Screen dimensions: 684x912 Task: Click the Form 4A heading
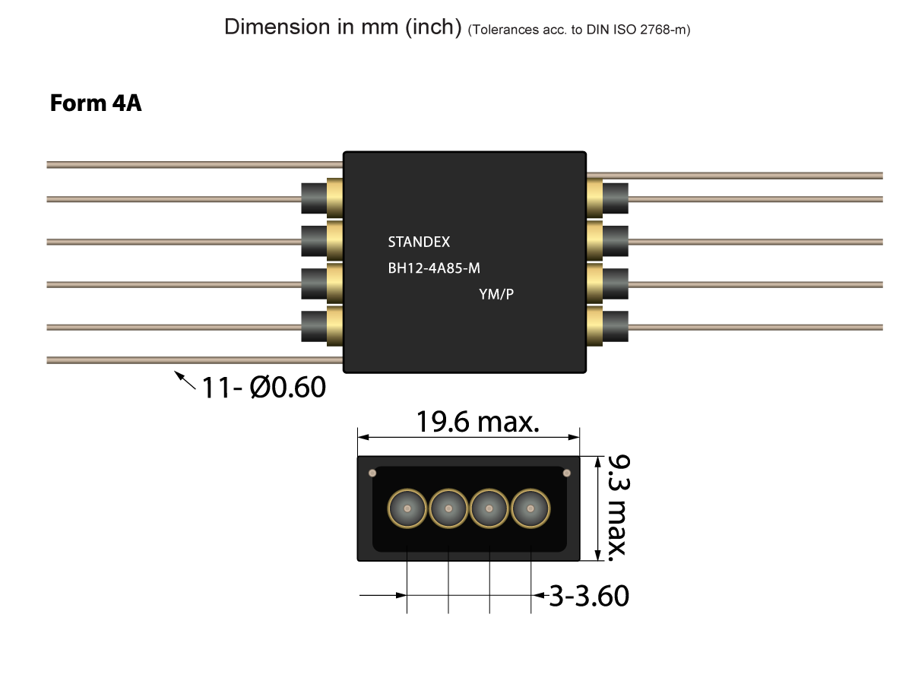(x=96, y=103)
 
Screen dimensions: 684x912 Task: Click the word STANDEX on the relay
(x=419, y=242)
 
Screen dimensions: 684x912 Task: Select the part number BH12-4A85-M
(x=434, y=268)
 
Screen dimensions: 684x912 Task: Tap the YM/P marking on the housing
(x=496, y=294)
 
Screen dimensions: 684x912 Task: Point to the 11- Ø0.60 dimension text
(x=263, y=388)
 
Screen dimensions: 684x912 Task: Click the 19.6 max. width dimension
(x=477, y=422)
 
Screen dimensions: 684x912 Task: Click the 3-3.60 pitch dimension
(x=589, y=596)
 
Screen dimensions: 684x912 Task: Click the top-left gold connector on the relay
(x=334, y=198)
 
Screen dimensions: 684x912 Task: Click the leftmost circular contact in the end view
(x=407, y=508)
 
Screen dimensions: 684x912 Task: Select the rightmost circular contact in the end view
(x=530, y=508)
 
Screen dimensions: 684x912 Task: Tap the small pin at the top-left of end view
(x=372, y=473)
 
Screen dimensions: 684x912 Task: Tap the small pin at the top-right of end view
(x=566, y=473)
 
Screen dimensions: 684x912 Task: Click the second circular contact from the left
(x=448, y=508)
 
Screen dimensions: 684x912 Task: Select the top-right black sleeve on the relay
(x=616, y=198)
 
